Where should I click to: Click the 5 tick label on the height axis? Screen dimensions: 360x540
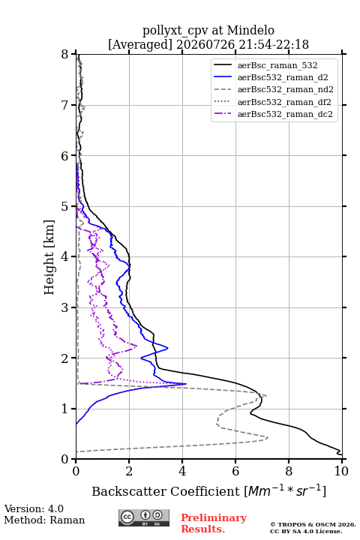tap(65, 207)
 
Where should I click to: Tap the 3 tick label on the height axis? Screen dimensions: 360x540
tap(65, 307)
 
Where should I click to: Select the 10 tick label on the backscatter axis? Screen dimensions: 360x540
tap(341, 471)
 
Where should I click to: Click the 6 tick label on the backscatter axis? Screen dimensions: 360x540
tap(235, 471)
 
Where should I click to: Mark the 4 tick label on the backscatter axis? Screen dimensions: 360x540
tap(182, 471)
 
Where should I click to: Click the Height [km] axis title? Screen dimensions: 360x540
tap(49, 257)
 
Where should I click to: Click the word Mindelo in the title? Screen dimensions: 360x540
tap(250, 31)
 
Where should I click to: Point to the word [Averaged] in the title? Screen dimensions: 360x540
tap(140, 45)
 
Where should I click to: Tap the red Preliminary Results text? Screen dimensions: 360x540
tap(214, 523)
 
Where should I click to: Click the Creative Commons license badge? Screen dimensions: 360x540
tap(144, 518)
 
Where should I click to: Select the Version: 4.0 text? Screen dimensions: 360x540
tap(34, 508)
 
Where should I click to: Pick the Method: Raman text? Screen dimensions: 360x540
tap(44, 520)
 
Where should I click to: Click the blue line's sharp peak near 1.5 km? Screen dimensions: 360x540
tap(186, 384)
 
